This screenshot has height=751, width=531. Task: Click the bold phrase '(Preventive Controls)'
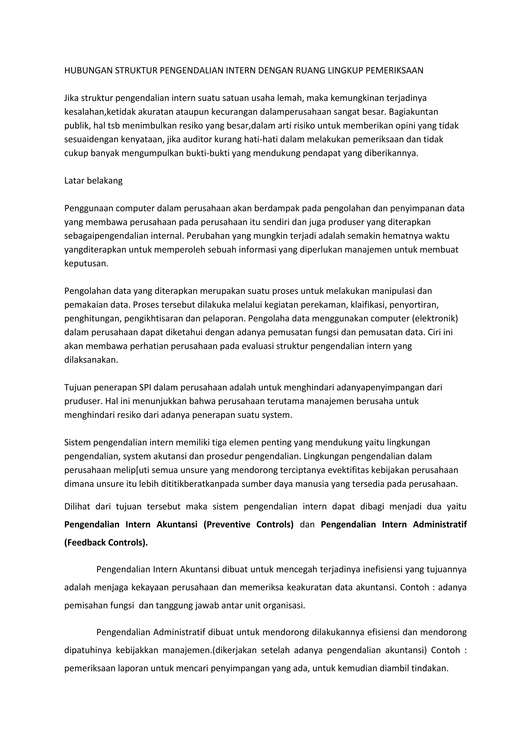pos(248,525)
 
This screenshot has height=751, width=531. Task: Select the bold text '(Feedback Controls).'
pos(106,543)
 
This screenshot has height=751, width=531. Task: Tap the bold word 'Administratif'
pos(439,525)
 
